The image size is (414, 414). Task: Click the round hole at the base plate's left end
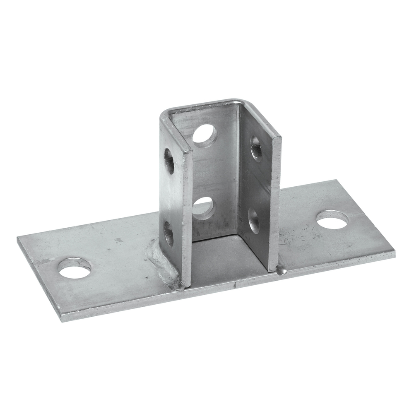click(x=75, y=269)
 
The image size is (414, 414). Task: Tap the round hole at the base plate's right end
click(x=332, y=220)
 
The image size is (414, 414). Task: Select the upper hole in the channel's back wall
click(x=205, y=135)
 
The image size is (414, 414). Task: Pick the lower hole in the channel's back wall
click(x=204, y=207)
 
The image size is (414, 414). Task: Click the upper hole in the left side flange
click(x=169, y=161)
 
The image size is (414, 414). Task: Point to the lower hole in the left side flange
click(x=168, y=234)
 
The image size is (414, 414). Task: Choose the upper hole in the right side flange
click(x=256, y=148)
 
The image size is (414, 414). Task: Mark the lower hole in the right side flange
click(x=253, y=220)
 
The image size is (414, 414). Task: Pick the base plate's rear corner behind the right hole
click(x=336, y=181)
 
